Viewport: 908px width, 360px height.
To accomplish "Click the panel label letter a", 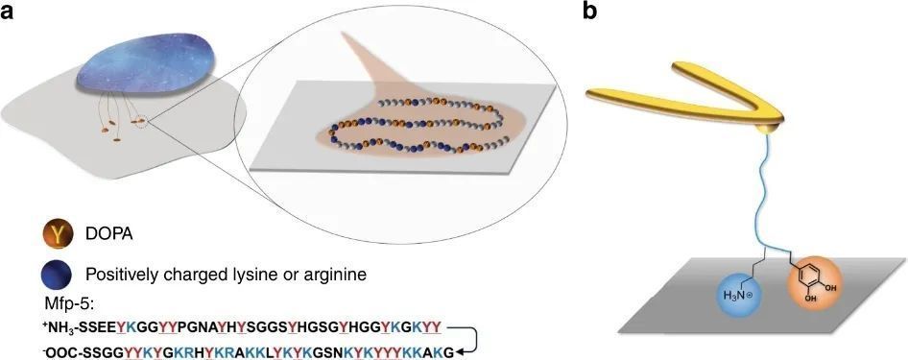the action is point(8,12).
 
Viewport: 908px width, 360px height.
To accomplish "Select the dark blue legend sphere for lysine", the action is point(58,274).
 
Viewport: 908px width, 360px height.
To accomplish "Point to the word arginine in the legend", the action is point(334,275).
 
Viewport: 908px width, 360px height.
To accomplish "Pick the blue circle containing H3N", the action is point(741,294).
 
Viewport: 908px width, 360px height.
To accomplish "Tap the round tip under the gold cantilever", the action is point(769,127).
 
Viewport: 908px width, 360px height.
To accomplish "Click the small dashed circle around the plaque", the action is point(141,121).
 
